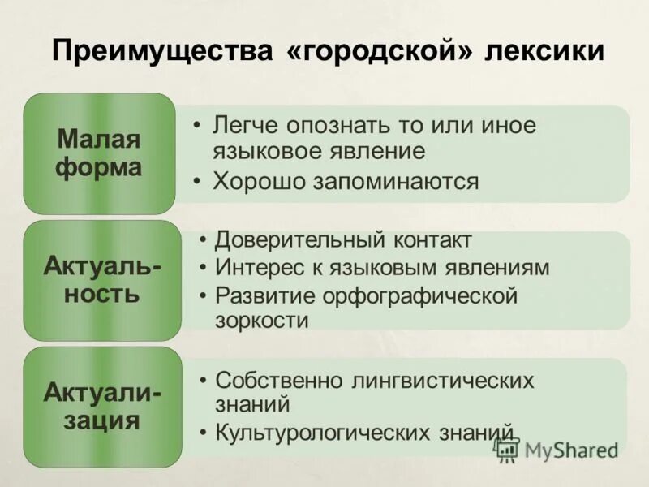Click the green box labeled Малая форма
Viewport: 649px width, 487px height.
(x=99, y=153)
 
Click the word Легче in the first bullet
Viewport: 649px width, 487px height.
(x=246, y=127)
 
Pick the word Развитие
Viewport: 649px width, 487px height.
(x=262, y=295)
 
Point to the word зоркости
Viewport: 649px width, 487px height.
(x=262, y=320)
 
